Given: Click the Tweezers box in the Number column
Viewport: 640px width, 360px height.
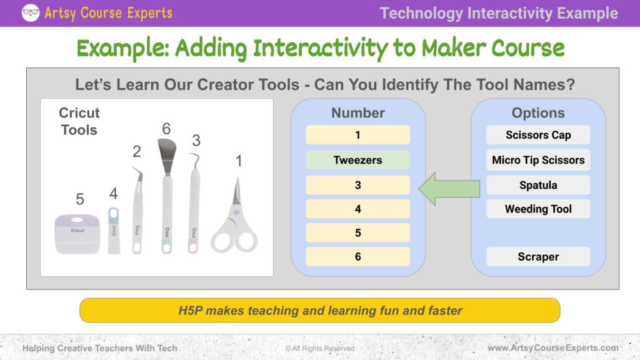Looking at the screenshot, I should (x=357, y=160).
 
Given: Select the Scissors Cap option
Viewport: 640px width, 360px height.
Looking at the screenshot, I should (x=538, y=135).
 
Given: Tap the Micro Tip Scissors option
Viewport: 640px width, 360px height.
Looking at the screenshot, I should (x=538, y=160).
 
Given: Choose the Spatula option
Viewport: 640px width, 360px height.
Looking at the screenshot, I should (x=538, y=185).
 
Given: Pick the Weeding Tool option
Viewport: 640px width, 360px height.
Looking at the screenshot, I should (x=538, y=209).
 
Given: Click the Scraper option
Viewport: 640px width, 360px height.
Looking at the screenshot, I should (x=538, y=257).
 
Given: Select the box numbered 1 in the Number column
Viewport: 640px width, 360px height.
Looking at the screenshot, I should (x=357, y=135).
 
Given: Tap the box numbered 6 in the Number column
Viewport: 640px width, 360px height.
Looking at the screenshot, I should (x=357, y=257).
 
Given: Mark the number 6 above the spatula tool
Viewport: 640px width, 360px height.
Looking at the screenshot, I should (x=166, y=129).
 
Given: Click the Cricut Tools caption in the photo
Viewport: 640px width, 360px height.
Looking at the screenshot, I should (x=79, y=121).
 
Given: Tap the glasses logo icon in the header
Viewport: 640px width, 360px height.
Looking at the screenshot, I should (x=30, y=12).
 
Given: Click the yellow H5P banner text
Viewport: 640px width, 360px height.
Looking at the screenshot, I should (x=319, y=310).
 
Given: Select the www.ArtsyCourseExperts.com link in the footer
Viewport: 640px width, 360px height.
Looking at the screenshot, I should (x=552, y=347).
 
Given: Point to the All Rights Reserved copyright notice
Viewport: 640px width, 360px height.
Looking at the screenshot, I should (x=319, y=348).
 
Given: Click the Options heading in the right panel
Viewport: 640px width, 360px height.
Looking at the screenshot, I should (x=538, y=113).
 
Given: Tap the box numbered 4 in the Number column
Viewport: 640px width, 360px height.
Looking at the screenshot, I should (x=357, y=209).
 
